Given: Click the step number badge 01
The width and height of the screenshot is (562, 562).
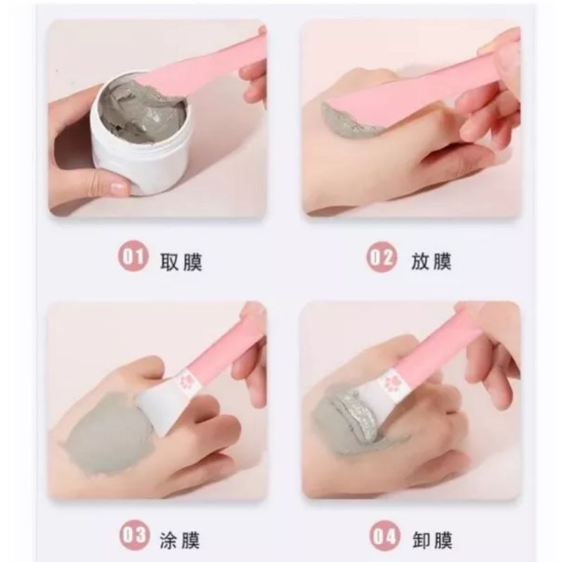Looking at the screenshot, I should tap(132, 259).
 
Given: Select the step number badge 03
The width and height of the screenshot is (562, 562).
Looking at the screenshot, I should tap(132, 537).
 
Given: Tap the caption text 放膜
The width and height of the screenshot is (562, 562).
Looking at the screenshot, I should tap(431, 261).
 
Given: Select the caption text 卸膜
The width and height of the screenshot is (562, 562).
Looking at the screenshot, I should tap(432, 539).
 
